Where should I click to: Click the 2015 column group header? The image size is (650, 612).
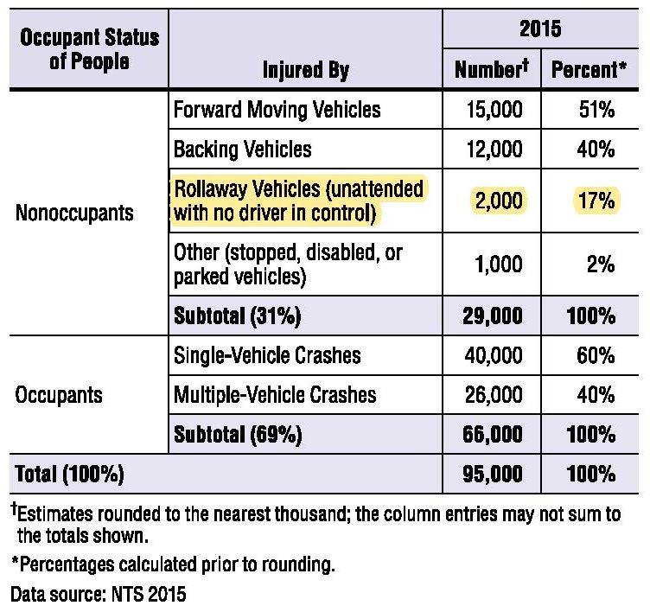click(540, 29)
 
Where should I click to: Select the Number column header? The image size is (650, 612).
click(492, 68)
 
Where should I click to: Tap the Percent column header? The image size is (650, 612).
click(589, 69)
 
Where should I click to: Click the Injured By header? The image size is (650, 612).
click(306, 70)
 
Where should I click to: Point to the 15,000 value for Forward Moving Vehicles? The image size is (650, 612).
click(494, 110)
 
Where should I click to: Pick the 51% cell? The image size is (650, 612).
click(596, 110)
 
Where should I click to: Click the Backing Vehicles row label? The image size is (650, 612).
click(243, 149)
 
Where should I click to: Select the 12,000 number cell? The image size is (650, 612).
click(494, 149)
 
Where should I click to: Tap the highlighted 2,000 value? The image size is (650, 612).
click(498, 201)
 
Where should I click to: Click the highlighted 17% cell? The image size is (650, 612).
click(596, 201)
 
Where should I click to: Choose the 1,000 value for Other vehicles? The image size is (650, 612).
click(498, 265)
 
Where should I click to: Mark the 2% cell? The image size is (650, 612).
click(601, 265)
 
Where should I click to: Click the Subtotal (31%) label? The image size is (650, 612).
click(237, 316)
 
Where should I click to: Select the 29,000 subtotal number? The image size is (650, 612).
click(493, 316)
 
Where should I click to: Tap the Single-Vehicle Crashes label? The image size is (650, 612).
click(267, 355)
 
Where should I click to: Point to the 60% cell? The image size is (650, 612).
click(596, 355)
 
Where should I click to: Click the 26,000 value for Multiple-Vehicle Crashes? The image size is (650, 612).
click(494, 395)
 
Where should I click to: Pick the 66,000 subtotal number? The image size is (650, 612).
click(493, 435)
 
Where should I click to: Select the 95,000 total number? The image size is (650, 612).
click(493, 474)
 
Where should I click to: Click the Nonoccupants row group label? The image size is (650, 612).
click(74, 214)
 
